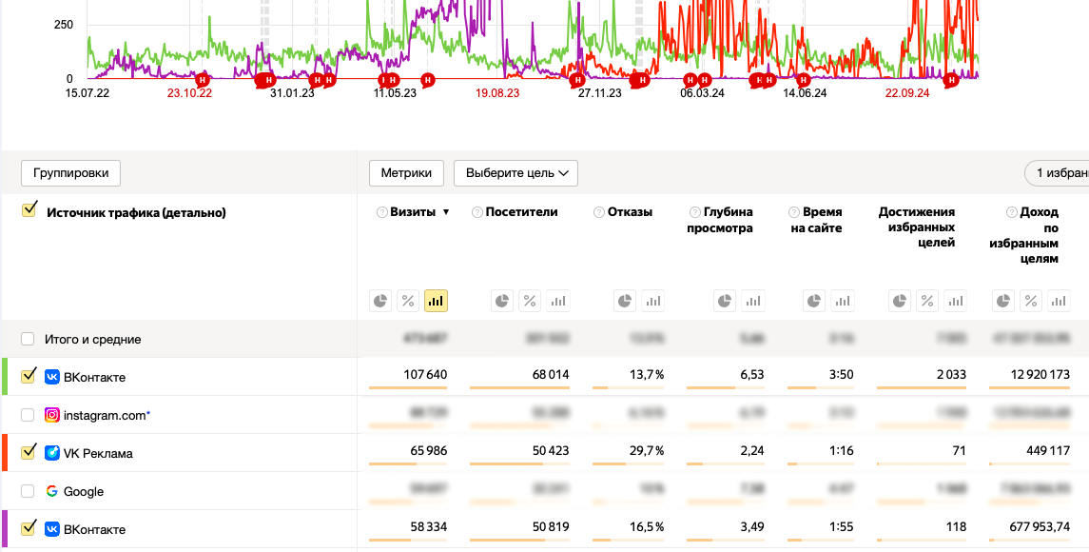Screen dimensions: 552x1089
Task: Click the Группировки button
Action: tap(71, 173)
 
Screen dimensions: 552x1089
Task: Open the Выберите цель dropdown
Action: tap(515, 173)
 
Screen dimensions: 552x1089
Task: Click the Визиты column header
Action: tap(413, 212)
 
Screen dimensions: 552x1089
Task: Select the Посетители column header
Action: tap(521, 212)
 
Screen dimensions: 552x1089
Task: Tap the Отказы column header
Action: tap(630, 212)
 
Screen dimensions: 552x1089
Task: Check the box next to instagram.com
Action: tap(28, 415)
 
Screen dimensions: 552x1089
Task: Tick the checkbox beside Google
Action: tap(28, 491)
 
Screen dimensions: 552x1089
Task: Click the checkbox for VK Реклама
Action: tap(28, 452)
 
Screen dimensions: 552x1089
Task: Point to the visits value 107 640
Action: tap(425, 375)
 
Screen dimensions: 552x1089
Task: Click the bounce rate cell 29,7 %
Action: tap(646, 451)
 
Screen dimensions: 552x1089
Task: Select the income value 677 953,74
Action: tap(1030, 527)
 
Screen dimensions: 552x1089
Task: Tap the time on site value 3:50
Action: tap(841, 375)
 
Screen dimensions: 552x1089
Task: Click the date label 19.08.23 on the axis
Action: tap(497, 93)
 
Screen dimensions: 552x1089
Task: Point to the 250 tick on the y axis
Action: tap(64, 25)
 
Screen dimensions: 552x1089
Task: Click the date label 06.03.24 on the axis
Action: tap(703, 93)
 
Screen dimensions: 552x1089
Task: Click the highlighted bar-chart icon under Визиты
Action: tap(436, 301)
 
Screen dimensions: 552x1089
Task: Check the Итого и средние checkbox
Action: tap(28, 339)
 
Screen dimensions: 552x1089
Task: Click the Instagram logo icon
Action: tap(52, 415)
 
